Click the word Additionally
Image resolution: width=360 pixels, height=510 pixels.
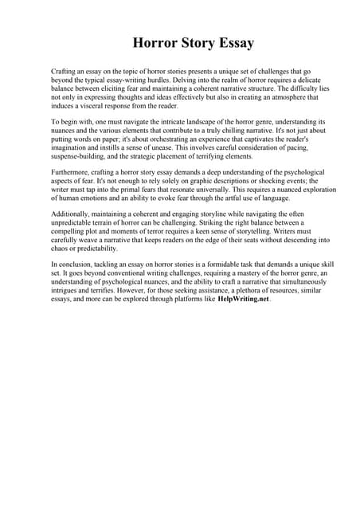tap(72, 214)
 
